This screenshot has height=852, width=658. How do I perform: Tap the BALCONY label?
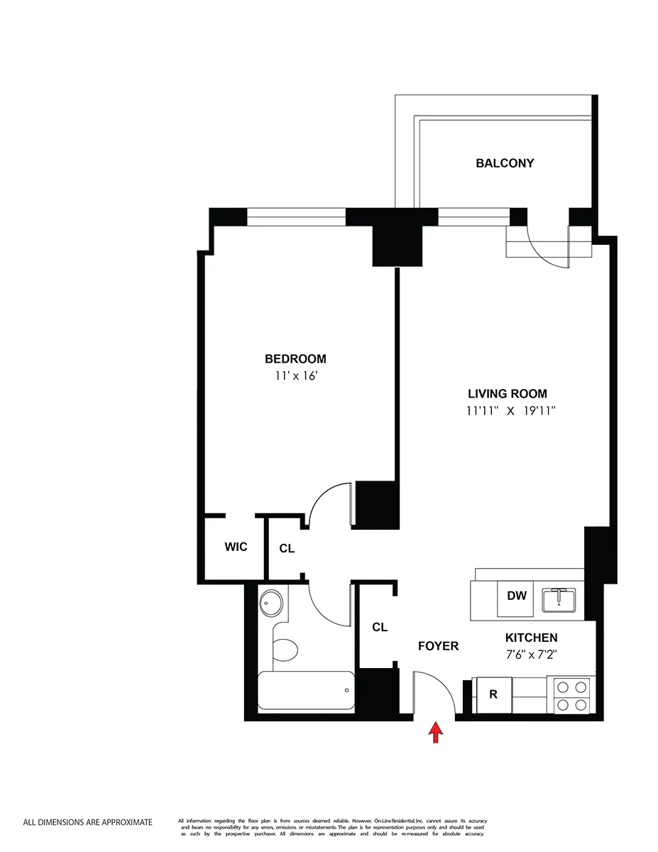pyautogui.click(x=505, y=163)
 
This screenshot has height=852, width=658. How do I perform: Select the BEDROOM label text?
pyautogui.click(x=295, y=359)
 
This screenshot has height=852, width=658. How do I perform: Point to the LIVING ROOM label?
pyautogui.click(x=507, y=394)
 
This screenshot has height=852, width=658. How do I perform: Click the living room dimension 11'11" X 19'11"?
pyautogui.click(x=510, y=411)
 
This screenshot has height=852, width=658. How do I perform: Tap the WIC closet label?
pyautogui.click(x=236, y=547)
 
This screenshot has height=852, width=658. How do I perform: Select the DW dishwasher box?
pyautogui.click(x=517, y=596)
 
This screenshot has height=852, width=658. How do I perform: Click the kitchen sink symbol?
pyautogui.click(x=559, y=599)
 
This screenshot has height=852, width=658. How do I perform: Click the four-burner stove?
pyautogui.click(x=572, y=696)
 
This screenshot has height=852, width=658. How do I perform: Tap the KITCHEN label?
pyautogui.click(x=531, y=638)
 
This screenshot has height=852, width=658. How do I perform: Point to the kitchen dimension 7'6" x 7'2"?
pyautogui.click(x=531, y=655)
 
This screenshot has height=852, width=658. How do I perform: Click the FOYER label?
pyautogui.click(x=438, y=646)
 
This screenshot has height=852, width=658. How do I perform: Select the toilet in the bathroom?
pyautogui.click(x=286, y=648)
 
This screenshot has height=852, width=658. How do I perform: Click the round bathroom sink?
pyautogui.click(x=271, y=603)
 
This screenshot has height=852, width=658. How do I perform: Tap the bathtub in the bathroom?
pyautogui.click(x=305, y=691)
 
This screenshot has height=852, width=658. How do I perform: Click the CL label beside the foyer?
pyautogui.click(x=380, y=627)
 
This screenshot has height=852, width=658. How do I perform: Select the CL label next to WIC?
pyautogui.click(x=287, y=548)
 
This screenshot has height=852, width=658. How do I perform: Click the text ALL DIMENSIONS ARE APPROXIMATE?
pyautogui.click(x=87, y=823)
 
